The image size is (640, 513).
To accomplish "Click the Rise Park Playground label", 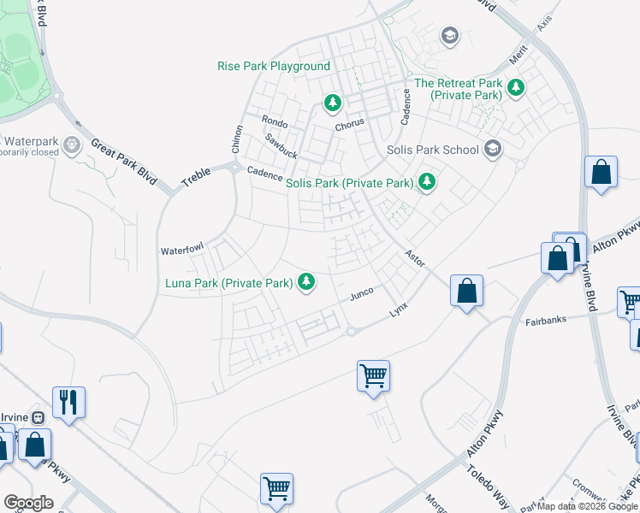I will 274,66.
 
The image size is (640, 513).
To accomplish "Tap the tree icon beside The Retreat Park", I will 515,86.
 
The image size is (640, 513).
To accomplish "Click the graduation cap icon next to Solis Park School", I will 492,149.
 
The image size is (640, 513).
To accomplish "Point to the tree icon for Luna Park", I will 304,281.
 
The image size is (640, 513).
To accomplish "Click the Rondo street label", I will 275,121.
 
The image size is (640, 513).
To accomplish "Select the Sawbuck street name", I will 281,146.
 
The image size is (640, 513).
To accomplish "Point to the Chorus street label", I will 349,123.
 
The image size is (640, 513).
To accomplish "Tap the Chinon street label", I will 236,139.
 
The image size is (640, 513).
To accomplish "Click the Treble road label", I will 195,177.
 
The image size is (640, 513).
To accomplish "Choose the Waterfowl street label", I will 181,250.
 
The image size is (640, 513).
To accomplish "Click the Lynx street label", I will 399,308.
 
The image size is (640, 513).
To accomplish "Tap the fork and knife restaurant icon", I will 69,402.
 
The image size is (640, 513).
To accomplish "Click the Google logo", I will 28,503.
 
